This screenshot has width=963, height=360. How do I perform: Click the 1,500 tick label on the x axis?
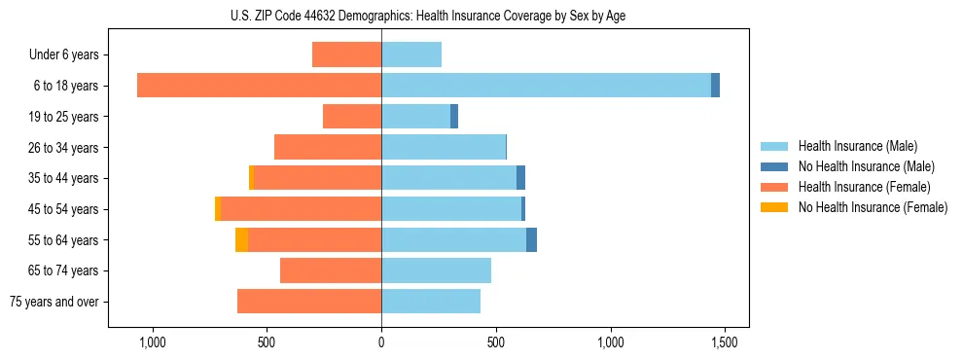click(724, 342)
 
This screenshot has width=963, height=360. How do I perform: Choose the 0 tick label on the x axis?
click(381, 342)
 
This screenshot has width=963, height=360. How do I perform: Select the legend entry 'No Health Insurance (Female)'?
click(873, 207)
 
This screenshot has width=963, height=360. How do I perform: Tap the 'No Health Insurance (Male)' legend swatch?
click(774, 166)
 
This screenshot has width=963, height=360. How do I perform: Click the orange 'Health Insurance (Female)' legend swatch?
click(774, 187)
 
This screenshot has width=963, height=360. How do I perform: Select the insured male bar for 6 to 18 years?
click(546, 86)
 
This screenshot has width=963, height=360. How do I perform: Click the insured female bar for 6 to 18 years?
click(259, 86)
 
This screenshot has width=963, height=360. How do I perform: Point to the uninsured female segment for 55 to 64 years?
click(241, 239)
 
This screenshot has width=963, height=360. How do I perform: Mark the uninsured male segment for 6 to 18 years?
click(715, 86)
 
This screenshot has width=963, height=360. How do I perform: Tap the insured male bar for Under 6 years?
click(411, 54)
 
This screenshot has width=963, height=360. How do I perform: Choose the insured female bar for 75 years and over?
click(309, 302)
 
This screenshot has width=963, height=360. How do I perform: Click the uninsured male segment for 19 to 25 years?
click(454, 117)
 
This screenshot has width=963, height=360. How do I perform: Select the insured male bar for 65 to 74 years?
click(436, 270)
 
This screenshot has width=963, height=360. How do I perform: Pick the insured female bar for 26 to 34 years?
click(328, 147)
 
